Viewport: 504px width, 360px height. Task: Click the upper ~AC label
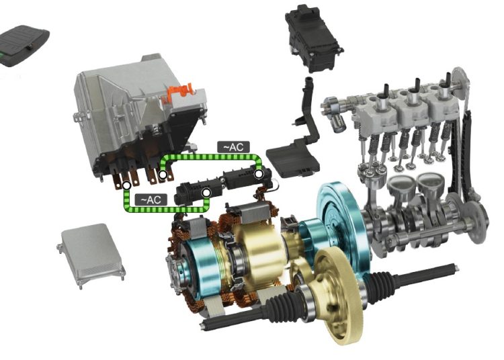click(233, 147)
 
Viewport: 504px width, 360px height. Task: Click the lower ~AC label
click(151, 199)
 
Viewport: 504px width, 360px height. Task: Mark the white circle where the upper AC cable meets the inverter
click(163, 175)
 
